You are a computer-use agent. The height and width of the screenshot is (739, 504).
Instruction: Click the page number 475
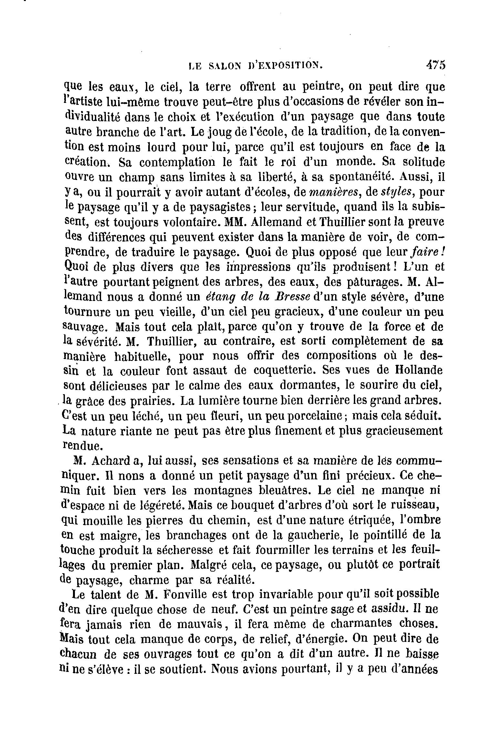click(x=436, y=65)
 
